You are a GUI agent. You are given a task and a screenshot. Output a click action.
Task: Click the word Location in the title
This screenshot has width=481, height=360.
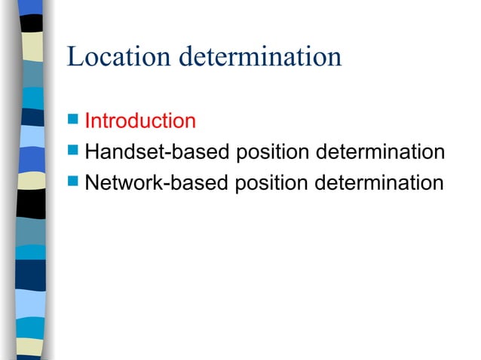110,57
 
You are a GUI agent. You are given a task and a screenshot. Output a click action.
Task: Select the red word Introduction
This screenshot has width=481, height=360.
140,121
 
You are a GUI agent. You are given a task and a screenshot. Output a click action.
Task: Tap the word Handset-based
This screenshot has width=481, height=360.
158,152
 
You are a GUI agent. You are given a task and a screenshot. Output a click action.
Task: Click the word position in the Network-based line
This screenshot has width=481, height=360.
271,184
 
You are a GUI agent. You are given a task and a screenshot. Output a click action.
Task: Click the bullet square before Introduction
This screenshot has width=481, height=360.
72,120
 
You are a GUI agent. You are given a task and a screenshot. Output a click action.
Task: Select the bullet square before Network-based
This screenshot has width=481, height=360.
72,182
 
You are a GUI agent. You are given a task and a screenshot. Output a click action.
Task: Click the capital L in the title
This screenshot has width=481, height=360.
74,57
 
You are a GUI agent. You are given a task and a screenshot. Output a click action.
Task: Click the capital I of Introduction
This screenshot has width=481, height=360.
88,121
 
